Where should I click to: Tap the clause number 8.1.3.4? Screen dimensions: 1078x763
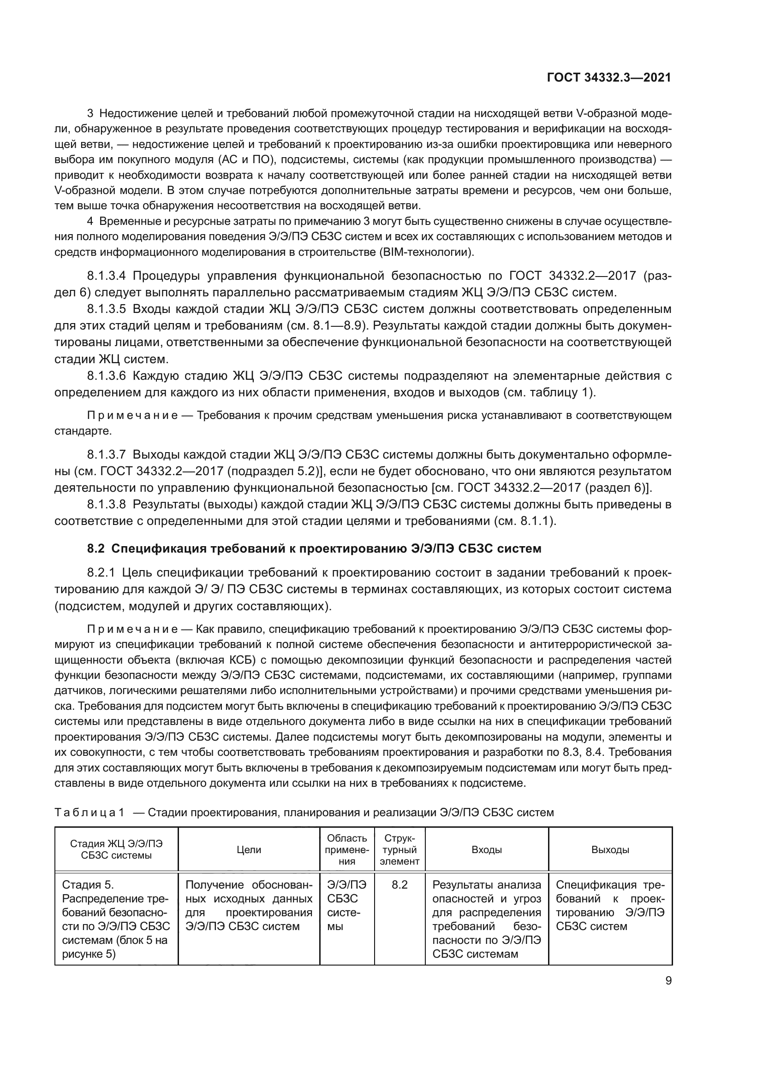[x=107, y=276]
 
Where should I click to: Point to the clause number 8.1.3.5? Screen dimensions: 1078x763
[x=107, y=309]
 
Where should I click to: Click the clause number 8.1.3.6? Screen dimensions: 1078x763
[x=107, y=376]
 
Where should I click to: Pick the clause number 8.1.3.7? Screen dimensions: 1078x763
[x=107, y=454]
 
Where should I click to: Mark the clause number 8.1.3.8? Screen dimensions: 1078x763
[x=107, y=505]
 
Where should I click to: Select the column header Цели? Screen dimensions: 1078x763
[x=249, y=850]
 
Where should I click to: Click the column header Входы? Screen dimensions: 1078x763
[x=486, y=850]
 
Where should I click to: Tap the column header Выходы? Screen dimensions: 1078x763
[x=610, y=850]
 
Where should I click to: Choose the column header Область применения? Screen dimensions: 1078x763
[x=347, y=850]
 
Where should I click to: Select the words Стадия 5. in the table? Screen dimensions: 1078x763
[x=88, y=885]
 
